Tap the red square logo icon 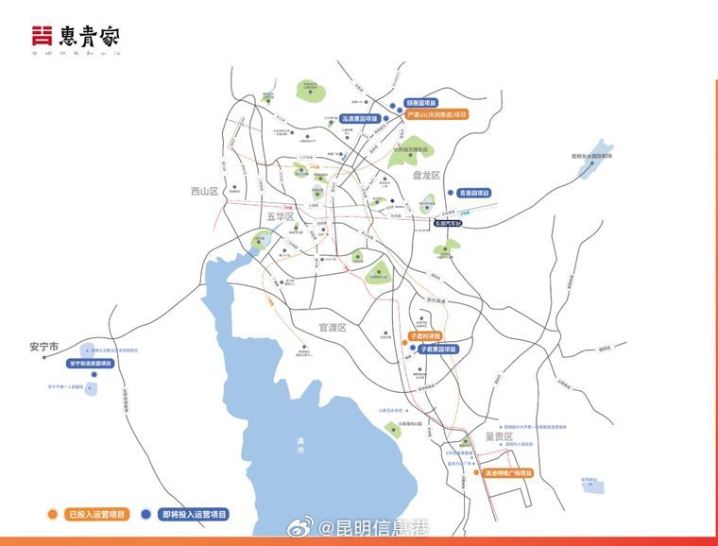(x=41, y=37)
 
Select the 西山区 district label (x=204, y=191)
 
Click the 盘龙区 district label (x=426, y=176)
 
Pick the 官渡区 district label (x=333, y=327)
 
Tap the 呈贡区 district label (x=498, y=436)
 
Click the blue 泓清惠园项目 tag (x=359, y=119)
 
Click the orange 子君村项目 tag (x=424, y=336)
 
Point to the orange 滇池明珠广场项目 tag (x=507, y=472)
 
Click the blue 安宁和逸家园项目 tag (x=96, y=364)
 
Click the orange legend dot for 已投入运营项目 (x=53, y=515)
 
